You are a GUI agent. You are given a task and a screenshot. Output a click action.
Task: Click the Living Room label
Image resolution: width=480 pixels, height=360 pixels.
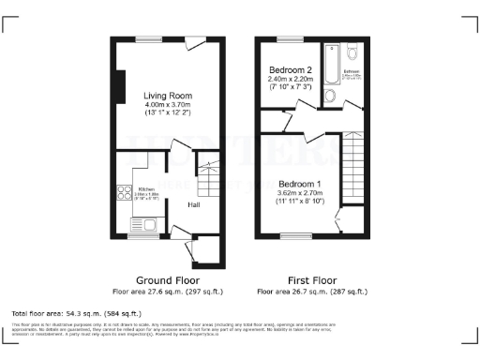168,96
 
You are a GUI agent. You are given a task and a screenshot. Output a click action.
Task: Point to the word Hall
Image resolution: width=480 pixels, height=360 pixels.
194,204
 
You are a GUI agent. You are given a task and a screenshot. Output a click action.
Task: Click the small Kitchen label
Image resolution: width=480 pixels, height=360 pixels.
142,188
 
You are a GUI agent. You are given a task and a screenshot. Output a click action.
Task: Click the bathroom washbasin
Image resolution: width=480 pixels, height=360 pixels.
329,96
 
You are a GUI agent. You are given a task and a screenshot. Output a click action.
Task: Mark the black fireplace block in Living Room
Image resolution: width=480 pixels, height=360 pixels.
117,86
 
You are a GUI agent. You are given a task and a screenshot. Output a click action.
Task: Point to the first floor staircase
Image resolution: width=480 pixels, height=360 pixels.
354,169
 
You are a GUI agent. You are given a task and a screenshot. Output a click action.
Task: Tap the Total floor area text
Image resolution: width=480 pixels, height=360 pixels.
76,312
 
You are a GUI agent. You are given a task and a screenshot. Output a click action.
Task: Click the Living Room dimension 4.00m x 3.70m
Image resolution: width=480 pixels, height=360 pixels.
168,106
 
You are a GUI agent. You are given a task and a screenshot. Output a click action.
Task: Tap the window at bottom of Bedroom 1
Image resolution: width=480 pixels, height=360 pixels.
296,234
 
